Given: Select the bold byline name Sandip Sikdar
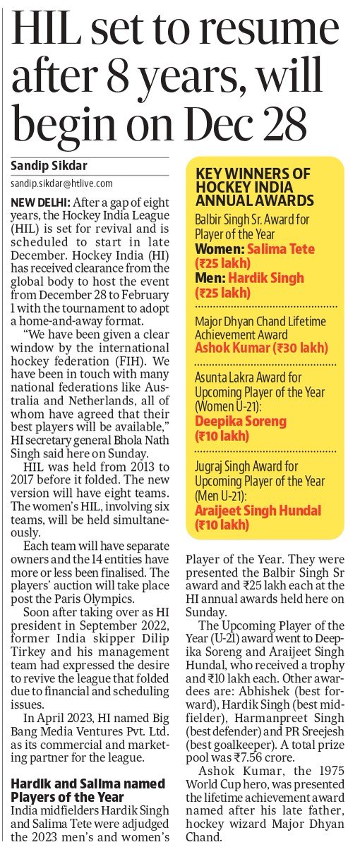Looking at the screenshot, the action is (x=48, y=167).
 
